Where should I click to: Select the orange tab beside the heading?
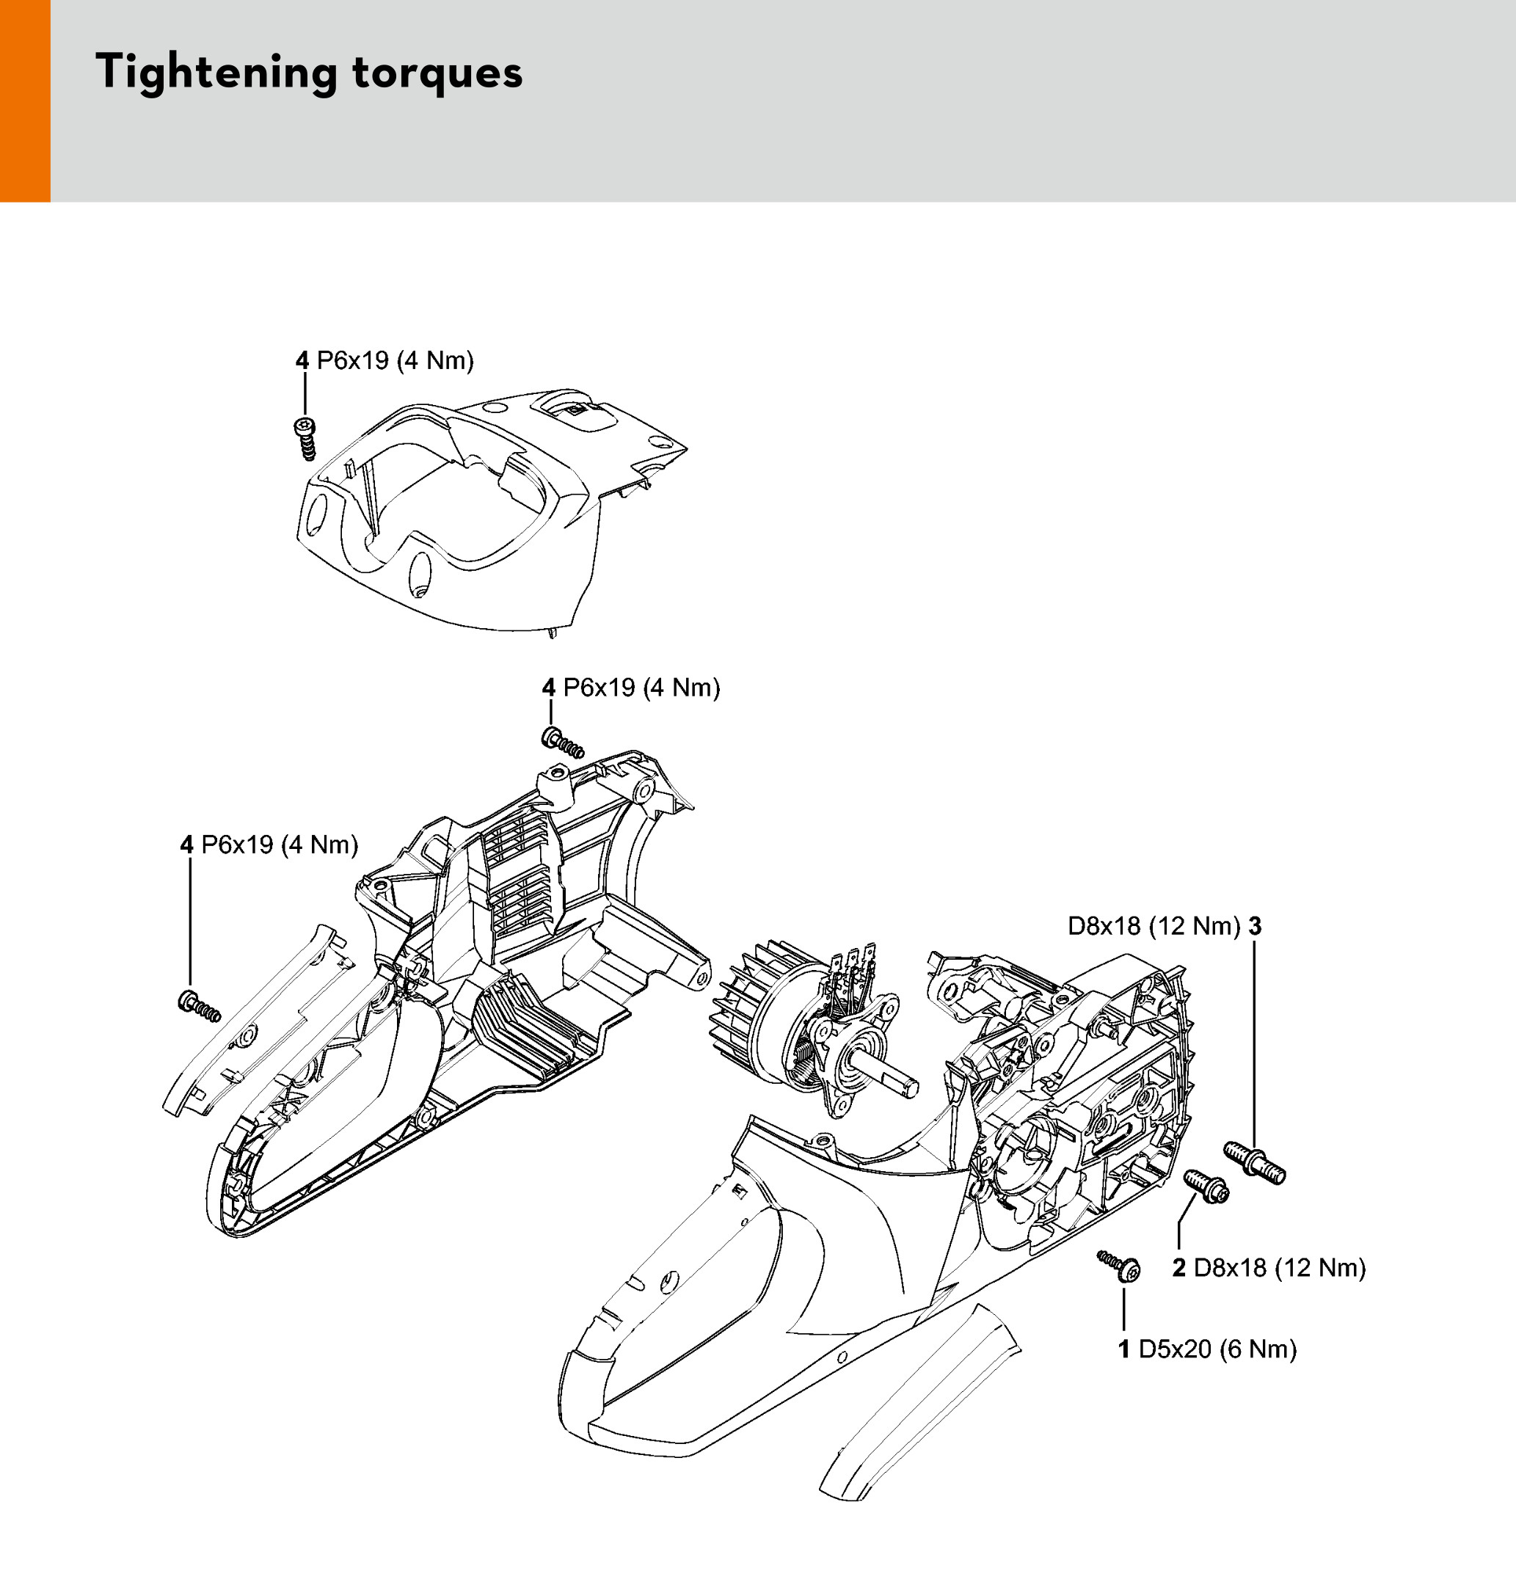[25, 101]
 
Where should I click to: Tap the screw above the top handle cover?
[305, 439]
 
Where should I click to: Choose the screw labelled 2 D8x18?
[1206, 1186]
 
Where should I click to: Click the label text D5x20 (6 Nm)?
[1217, 1349]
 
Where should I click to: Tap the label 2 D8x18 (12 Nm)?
[1269, 1267]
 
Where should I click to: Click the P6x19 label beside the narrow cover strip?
[269, 845]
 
